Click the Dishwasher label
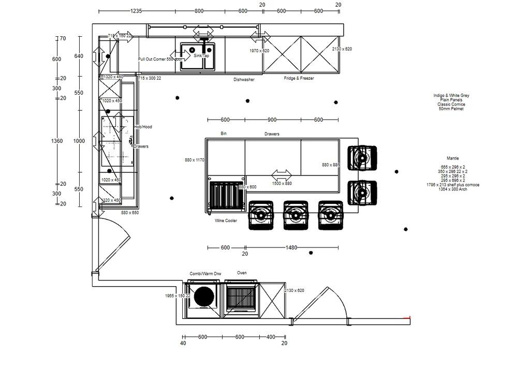244,80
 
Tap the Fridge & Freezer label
299,78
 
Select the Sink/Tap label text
201,55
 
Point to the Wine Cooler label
226,220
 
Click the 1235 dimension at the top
136,11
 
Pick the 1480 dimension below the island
291,247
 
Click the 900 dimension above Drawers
272,120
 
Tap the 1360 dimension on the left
57,141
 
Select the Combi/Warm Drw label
205,273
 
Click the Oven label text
242,273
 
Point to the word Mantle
452,158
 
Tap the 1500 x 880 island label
282,183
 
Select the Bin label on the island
224,134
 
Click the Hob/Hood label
143,127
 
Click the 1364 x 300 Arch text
452,189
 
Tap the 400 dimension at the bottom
271,337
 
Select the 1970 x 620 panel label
259,51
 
